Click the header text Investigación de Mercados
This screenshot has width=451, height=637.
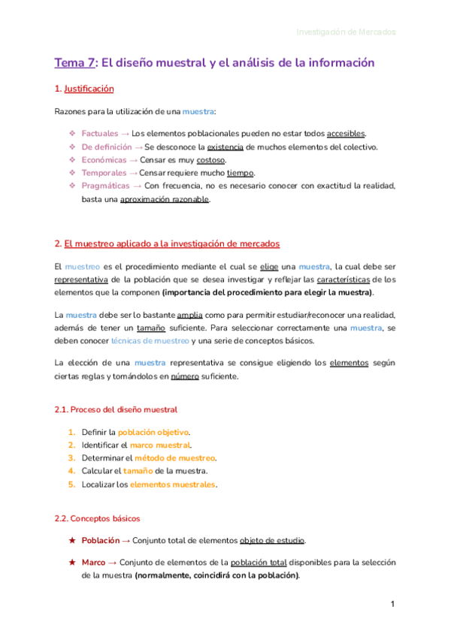346,32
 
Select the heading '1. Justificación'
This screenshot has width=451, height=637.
84,89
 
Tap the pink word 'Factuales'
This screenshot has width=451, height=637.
100,134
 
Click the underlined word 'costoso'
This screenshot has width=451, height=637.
210,160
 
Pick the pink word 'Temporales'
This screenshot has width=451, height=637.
104,173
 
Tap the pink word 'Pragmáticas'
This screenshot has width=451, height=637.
105,186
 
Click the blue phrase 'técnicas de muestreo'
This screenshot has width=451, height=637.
150,341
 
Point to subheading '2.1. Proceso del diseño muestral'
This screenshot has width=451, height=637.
116,409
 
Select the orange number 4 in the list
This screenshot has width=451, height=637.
71,471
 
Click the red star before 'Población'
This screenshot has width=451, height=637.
71,540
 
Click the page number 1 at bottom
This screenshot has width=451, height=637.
392,605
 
